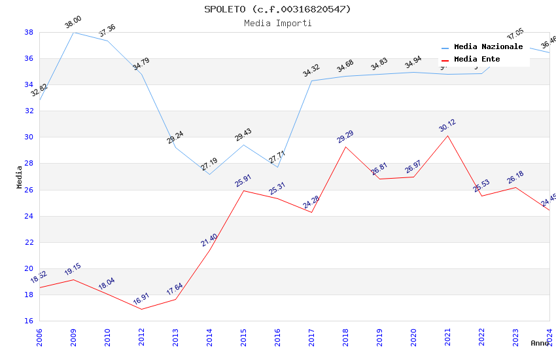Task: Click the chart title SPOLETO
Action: pyautogui.click(x=277, y=9)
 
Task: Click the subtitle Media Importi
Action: pyautogui.click(x=277, y=23)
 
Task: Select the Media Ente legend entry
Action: pyautogui.click(x=477, y=60)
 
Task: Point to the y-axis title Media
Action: pyautogui.click(x=20, y=177)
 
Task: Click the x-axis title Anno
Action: pyautogui.click(x=540, y=343)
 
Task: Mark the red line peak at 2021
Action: pyautogui.click(x=447, y=135)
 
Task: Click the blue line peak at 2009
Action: pyautogui.click(x=73, y=32)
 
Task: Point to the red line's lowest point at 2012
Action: pyautogui.click(x=141, y=309)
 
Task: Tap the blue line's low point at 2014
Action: pyautogui.click(x=209, y=174)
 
